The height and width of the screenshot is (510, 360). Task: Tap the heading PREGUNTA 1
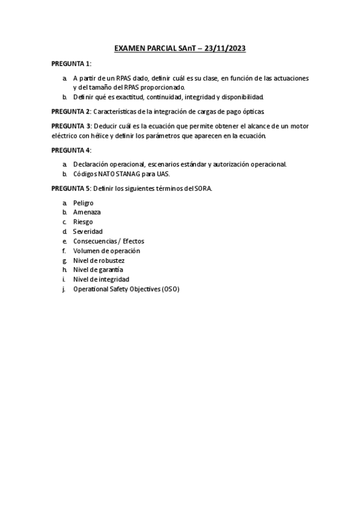(x=71, y=64)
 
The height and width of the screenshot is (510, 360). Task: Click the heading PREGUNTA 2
(x=71, y=112)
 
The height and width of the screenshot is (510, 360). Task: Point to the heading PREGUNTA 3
(x=71, y=126)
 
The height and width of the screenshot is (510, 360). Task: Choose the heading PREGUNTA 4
(x=71, y=150)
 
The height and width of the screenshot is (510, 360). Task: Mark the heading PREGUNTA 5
(x=71, y=188)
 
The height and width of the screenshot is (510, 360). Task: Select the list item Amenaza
(x=87, y=212)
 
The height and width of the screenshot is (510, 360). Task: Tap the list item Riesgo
(x=83, y=222)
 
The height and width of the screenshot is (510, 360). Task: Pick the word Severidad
(x=88, y=232)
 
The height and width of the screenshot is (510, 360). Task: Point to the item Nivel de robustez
(x=99, y=260)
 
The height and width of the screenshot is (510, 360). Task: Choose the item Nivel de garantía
(x=99, y=270)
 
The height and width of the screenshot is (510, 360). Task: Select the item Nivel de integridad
(x=101, y=280)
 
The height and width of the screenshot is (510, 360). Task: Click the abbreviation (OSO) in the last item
(x=170, y=289)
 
